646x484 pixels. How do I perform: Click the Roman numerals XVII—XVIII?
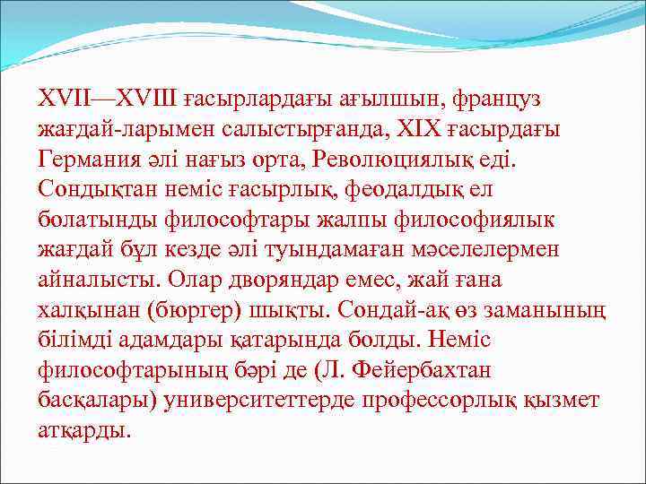112,96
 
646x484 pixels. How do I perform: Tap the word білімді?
80,341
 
